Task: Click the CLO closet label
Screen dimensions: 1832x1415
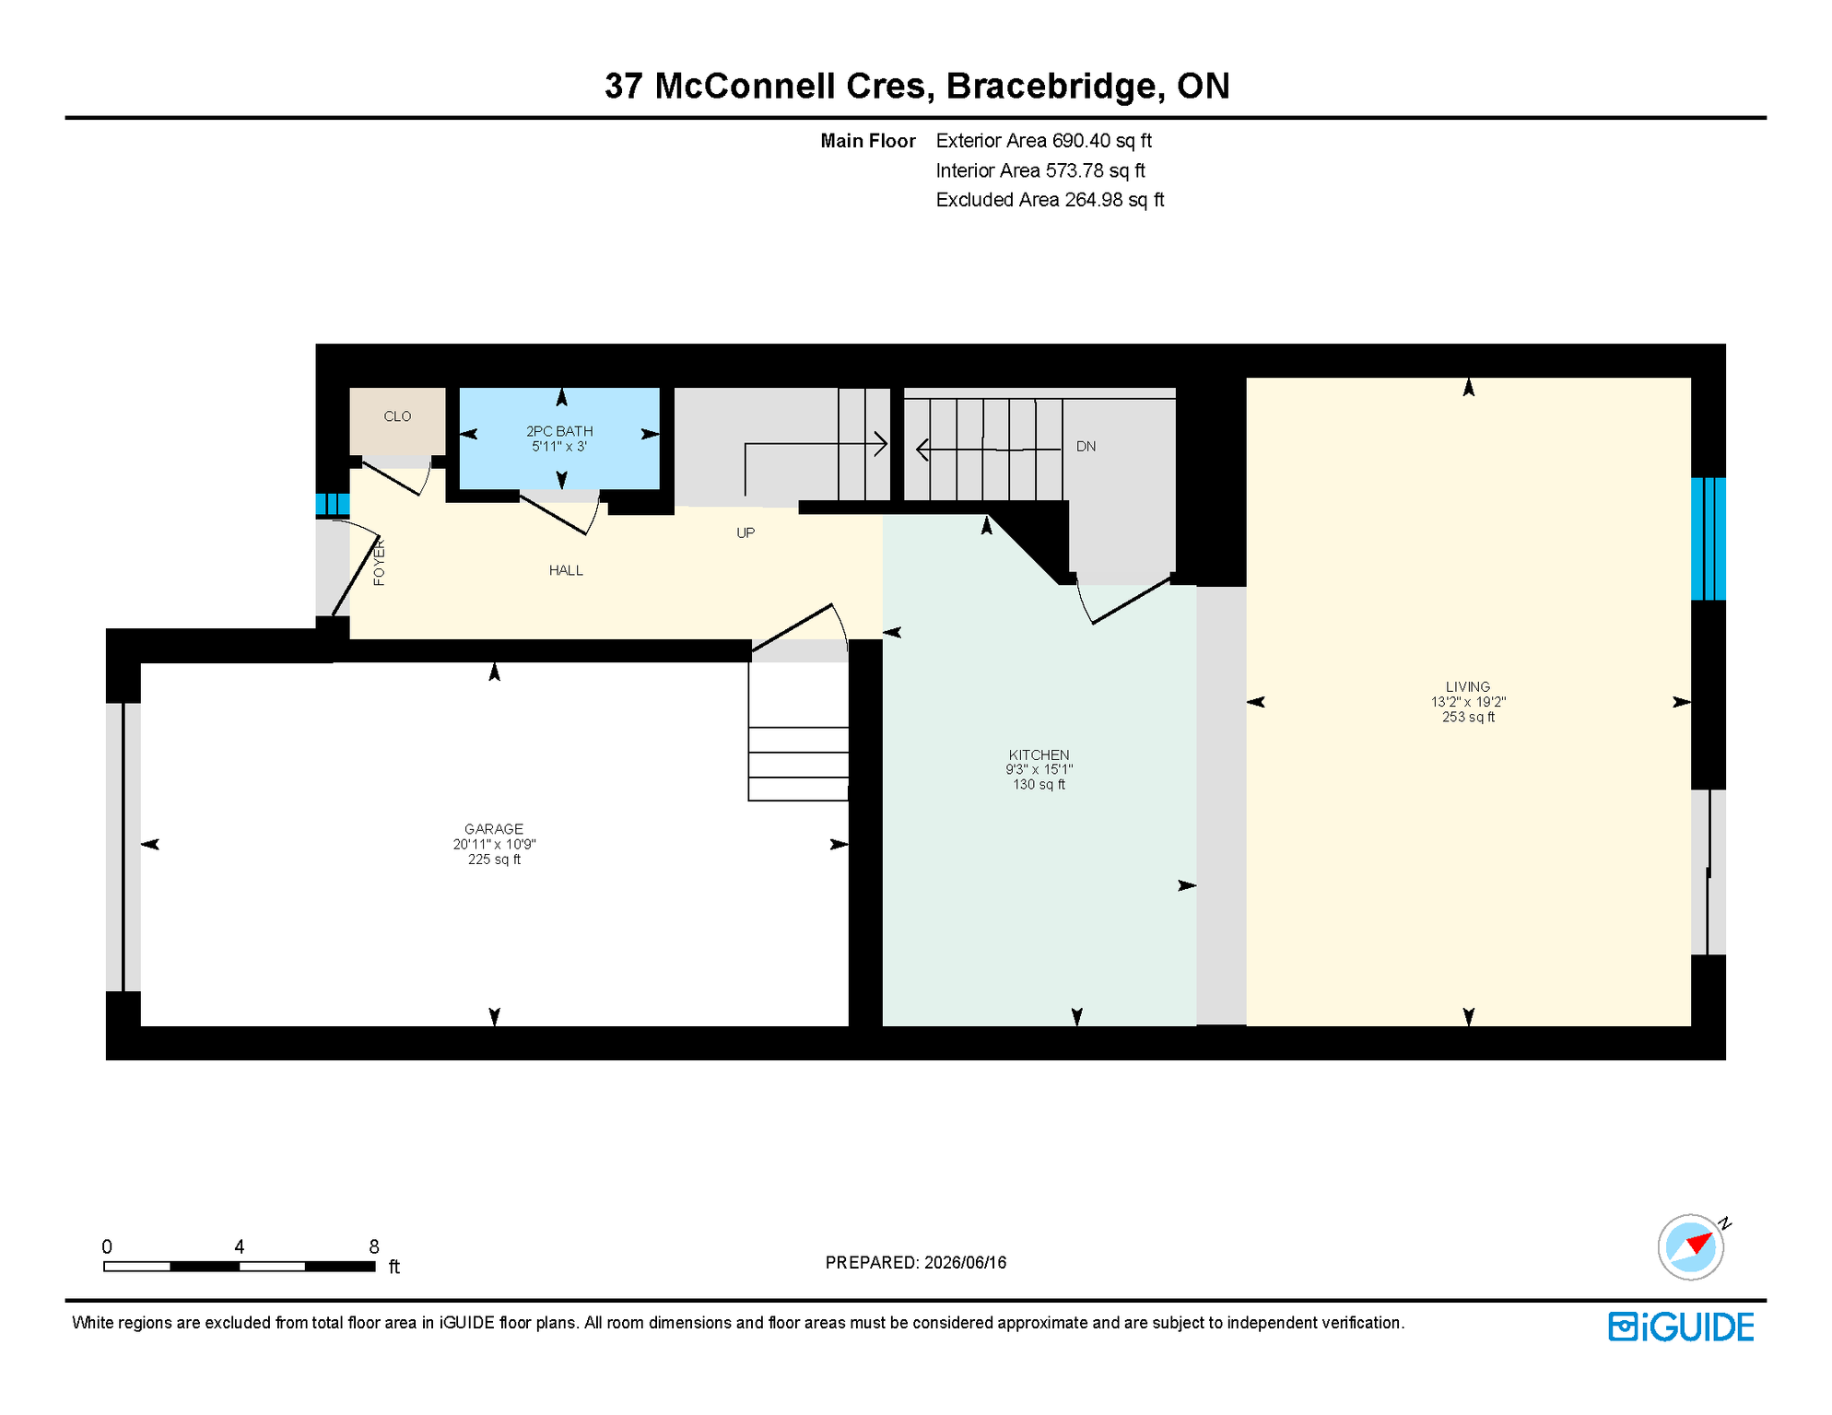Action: click(x=397, y=416)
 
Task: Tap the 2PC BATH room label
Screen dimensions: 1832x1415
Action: click(x=559, y=431)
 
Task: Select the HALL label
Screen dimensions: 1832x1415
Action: click(x=566, y=570)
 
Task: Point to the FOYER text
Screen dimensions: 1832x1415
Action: click(x=379, y=563)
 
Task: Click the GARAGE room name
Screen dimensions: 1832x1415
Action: click(x=494, y=829)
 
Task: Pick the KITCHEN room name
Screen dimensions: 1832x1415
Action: click(x=1039, y=755)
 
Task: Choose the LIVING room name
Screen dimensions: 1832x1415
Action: click(x=1468, y=687)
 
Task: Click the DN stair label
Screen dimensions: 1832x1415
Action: click(x=1086, y=447)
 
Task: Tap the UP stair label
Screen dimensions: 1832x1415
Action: click(x=746, y=532)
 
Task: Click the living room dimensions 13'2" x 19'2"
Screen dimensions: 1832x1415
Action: click(x=1468, y=702)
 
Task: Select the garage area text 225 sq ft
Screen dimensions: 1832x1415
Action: click(x=494, y=860)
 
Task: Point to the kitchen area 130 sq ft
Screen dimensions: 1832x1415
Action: click(x=1039, y=785)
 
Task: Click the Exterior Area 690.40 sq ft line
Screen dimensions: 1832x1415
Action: click(x=1044, y=141)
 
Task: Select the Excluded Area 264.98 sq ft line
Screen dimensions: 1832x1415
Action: click(x=1050, y=200)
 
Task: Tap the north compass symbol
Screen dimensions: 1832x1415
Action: click(x=1691, y=1247)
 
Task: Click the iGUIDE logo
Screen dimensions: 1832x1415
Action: click(x=1682, y=1327)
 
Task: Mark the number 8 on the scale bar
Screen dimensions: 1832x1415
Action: click(x=373, y=1247)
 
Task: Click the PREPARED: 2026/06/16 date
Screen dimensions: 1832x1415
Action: click(x=916, y=1263)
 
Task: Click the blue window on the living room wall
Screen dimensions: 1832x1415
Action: click(x=1709, y=539)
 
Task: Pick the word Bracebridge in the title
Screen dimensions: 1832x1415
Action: click(x=1051, y=87)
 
